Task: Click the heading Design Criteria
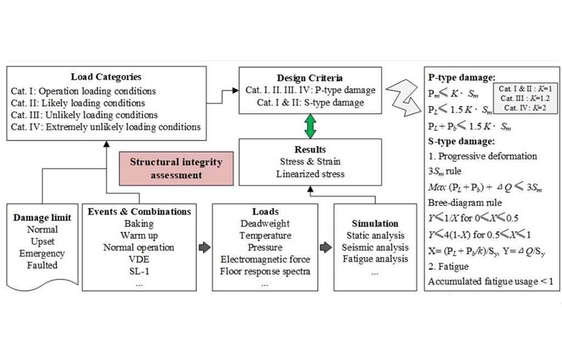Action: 310,78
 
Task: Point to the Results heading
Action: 310,149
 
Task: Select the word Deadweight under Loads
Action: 265,224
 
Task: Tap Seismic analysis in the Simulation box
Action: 375,248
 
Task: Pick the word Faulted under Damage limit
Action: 42,265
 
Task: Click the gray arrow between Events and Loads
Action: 204,247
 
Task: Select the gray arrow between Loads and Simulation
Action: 327,247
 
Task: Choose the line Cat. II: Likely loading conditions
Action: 78,103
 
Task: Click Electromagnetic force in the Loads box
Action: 265,259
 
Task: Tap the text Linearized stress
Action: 310,174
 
